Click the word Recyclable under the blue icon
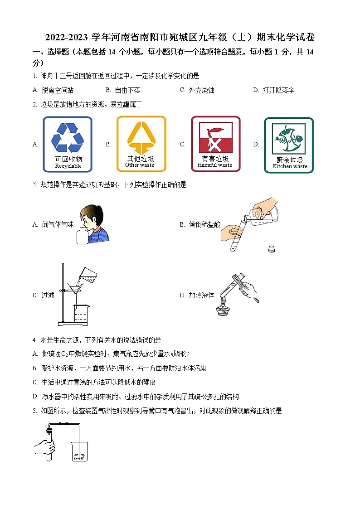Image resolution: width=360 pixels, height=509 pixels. (x=68, y=166)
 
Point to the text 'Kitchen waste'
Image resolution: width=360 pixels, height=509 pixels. (x=290, y=166)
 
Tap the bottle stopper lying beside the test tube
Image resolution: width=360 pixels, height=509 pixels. (x=272, y=248)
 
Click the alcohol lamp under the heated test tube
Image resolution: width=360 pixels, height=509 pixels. (x=222, y=310)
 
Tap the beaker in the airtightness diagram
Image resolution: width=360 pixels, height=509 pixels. (x=79, y=451)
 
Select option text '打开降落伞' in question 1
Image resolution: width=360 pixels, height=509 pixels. (x=278, y=90)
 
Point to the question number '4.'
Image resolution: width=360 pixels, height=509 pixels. (x=35, y=340)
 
